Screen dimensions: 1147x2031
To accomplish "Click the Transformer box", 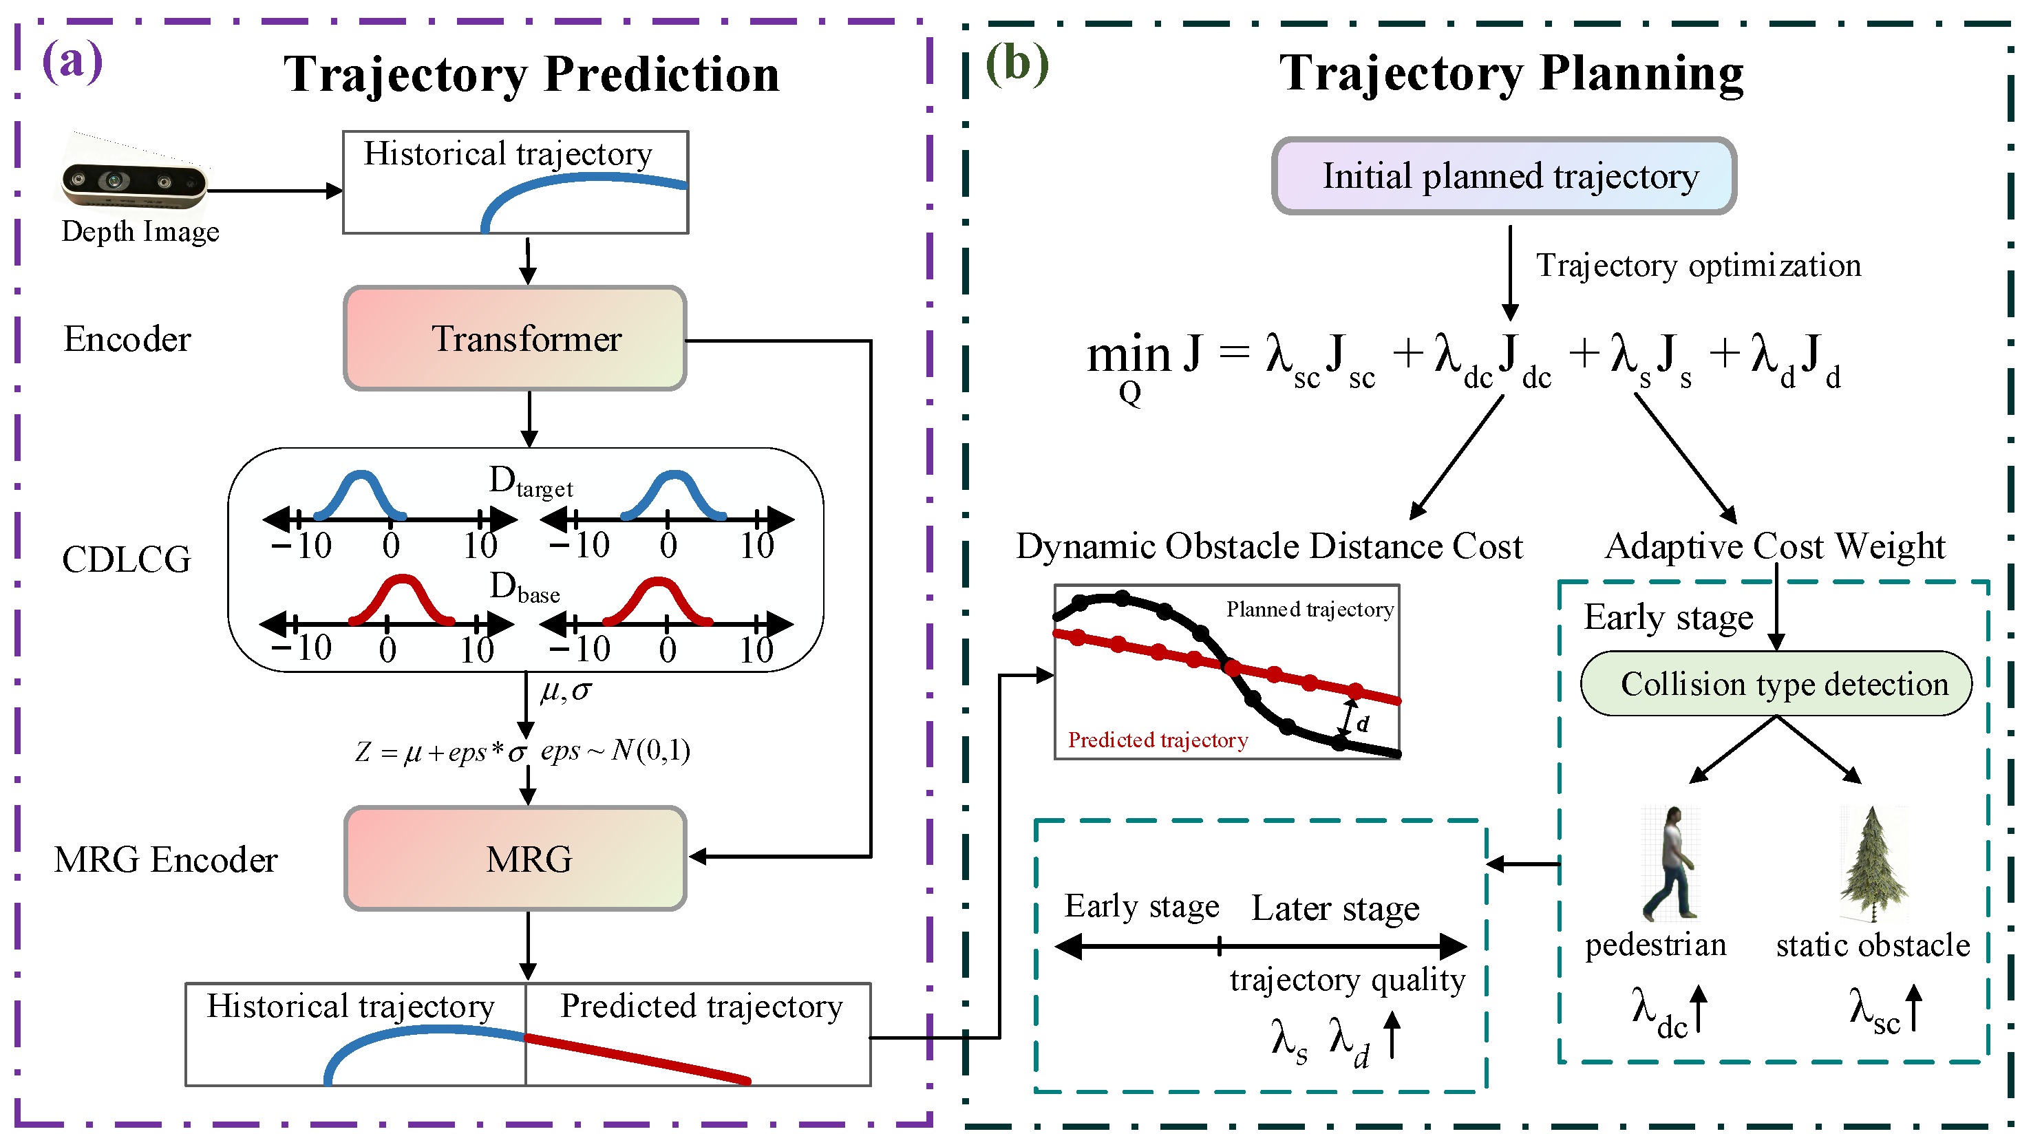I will click(x=515, y=339).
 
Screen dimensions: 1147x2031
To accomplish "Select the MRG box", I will click(x=515, y=859).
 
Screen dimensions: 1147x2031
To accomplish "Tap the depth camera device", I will click(x=135, y=183).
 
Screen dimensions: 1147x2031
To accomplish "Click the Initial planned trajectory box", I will click(x=1504, y=175).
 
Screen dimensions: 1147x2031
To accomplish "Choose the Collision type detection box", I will click(x=1776, y=683).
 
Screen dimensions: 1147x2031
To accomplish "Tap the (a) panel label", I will click(x=72, y=61).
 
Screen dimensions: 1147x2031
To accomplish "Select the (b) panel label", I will click(x=1017, y=63).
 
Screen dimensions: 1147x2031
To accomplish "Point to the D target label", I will click(x=531, y=481).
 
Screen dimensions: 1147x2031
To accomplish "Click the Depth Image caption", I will click(x=140, y=232).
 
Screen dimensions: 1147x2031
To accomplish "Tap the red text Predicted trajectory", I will click(x=1158, y=740).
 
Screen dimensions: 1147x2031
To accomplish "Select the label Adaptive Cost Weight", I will click(x=1775, y=546).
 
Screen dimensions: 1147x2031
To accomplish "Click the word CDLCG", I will click(x=126, y=559).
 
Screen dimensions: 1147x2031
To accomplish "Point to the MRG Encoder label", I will click(x=166, y=859).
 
